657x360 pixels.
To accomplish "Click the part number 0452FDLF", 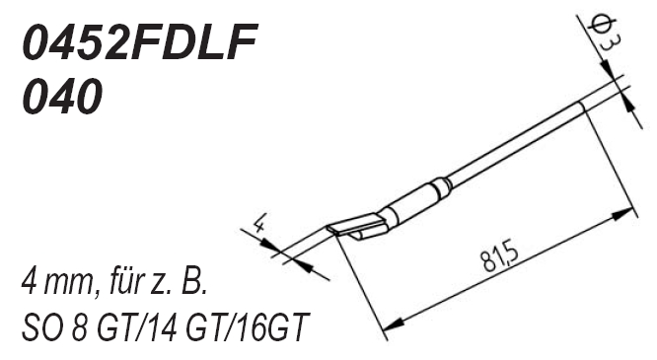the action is point(139,41).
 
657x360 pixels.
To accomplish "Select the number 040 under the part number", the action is point(62,96).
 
